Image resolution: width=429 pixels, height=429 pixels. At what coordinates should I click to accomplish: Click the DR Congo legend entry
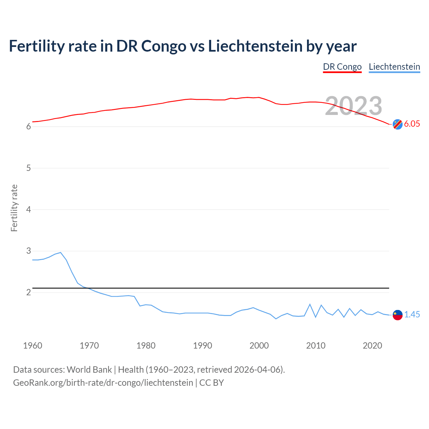point(342,67)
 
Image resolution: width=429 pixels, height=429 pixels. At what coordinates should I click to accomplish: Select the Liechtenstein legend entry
point(394,67)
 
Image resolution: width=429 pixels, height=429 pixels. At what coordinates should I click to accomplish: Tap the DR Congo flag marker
point(397,124)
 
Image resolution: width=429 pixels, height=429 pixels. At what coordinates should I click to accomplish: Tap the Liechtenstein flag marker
point(397,315)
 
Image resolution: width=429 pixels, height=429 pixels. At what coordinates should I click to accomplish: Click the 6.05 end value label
point(412,124)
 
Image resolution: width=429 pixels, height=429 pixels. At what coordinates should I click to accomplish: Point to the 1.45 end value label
point(412,314)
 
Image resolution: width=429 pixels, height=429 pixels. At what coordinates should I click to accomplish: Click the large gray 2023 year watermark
point(354,106)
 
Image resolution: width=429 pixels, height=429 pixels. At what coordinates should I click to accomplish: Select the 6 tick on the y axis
point(28,127)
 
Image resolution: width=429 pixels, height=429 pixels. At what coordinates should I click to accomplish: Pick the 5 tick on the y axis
point(28,168)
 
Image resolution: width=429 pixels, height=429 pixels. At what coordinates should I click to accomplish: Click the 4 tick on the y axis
point(28,209)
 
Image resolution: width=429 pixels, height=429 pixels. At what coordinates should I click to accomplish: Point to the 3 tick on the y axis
point(28,251)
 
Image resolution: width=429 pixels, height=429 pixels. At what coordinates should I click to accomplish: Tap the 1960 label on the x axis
point(33,346)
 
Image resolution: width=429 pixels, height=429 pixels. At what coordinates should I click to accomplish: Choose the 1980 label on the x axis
point(146,346)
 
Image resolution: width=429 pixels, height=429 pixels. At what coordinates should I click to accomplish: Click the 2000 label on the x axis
point(259,346)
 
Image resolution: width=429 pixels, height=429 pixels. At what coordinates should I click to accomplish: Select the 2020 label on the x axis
point(372,346)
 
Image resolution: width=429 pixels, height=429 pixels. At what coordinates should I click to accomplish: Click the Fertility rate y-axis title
point(14,208)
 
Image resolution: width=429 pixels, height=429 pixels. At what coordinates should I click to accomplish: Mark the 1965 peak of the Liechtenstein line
point(61,252)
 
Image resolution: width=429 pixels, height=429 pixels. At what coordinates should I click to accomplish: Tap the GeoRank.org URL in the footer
point(103,383)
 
